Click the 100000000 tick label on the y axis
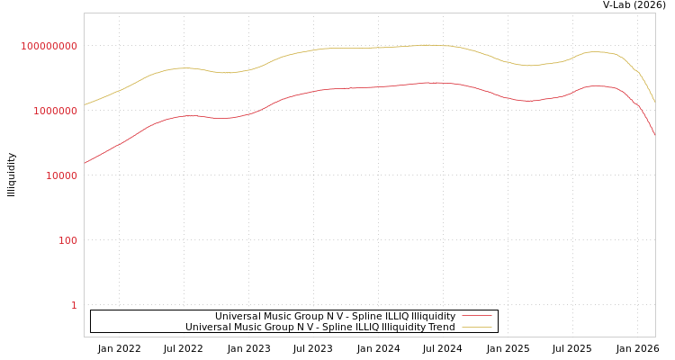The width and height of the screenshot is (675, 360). point(49,46)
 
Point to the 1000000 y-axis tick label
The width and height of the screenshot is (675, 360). point(56,111)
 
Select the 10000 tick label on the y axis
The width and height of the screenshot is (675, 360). point(62,175)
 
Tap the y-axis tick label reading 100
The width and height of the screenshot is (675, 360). point(68,240)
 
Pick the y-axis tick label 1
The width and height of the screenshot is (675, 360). point(74,305)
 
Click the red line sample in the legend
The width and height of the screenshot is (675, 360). point(476,316)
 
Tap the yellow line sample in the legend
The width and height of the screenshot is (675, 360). point(476,327)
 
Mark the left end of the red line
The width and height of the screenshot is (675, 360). point(85,163)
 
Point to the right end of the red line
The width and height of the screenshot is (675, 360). point(654,135)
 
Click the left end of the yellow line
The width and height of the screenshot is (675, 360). point(85,104)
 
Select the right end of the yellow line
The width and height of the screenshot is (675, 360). point(654,100)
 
